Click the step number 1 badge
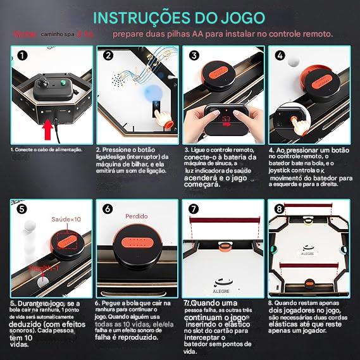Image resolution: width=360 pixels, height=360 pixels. pyautogui.click(x=22, y=55)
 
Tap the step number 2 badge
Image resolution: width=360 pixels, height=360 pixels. pyautogui.click(x=108, y=55)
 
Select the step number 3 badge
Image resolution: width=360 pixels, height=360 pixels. pyautogui.click(x=194, y=55)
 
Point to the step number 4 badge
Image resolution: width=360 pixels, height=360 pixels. pyautogui.click(x=280, y=55)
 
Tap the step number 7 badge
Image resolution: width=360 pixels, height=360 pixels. pyautogui.click(x=194, y=208)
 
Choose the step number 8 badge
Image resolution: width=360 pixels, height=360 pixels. pyautogui.click(x=280, y=208)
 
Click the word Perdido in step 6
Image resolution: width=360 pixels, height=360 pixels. pyautogui.click(x=136, y=216)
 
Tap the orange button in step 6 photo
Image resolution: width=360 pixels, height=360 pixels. pyautogui.click(x=137, y=244)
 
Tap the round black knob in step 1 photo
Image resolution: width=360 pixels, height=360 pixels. pyautogui.click(x=46, y=84)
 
